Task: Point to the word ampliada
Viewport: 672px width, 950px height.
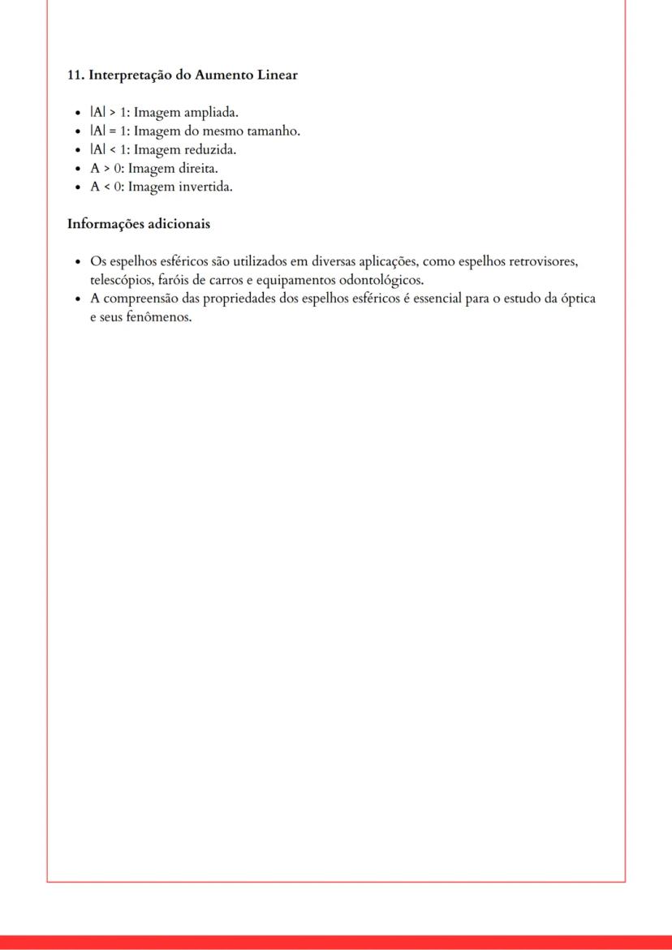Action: click(211, 113)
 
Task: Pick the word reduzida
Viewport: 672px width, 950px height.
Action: click(209, 150)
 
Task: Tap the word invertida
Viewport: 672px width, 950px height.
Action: click(205, 187)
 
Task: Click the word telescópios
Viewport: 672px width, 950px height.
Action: click(121, 281)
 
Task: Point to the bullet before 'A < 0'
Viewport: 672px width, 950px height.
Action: click(76, 187)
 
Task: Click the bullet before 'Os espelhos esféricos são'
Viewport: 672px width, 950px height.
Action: click(76, 262)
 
